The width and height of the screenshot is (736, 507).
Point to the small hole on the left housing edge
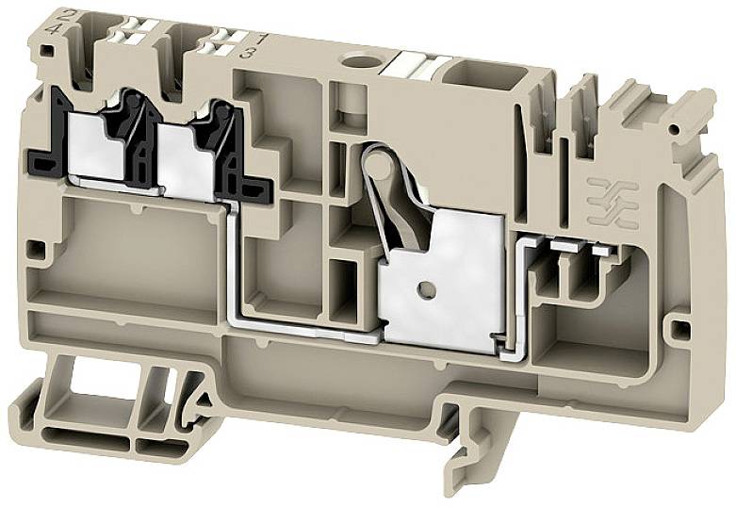pyautogui.click(x=35, y=249)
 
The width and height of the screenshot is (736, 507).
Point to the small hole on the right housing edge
pyautogui.click(x=675, y=330)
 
